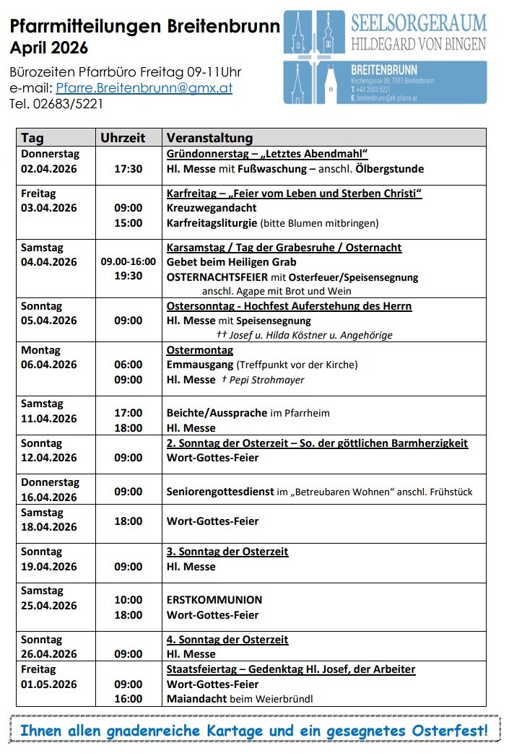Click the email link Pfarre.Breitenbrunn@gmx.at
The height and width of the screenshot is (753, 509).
pyautogui.click(x=144, y=88)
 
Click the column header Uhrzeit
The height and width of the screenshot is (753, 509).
pyautogui.click(x=123, y=138)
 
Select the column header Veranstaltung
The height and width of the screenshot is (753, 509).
pyautogui.click(x=209, y=138)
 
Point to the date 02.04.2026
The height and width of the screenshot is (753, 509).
pyautogui.click(x=48, y=169)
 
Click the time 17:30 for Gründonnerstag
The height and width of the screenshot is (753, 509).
pyautogui.click(x=129, y=169)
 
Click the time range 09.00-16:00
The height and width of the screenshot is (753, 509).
pyautogui.click(x=129, y=262)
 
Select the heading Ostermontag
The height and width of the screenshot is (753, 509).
pyautogui.click(x=200, y=350)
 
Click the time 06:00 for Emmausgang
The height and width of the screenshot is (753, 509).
pyautogui.click(x=129, y=365)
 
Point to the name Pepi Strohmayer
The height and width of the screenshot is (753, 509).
pyautogui.click(x=266, y=380)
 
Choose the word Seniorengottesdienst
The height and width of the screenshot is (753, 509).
pyautogui.click(x=220, y=492)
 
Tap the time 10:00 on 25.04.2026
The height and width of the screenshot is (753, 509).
pyautogui.click(x=129, y=600)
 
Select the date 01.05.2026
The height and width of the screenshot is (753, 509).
pyautogui.click(x=48, y=684)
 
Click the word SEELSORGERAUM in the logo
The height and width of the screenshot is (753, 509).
pyautogui.click(x=418, y=23)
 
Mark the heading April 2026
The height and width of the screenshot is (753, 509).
pyautogui.click(x=49, y=48)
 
